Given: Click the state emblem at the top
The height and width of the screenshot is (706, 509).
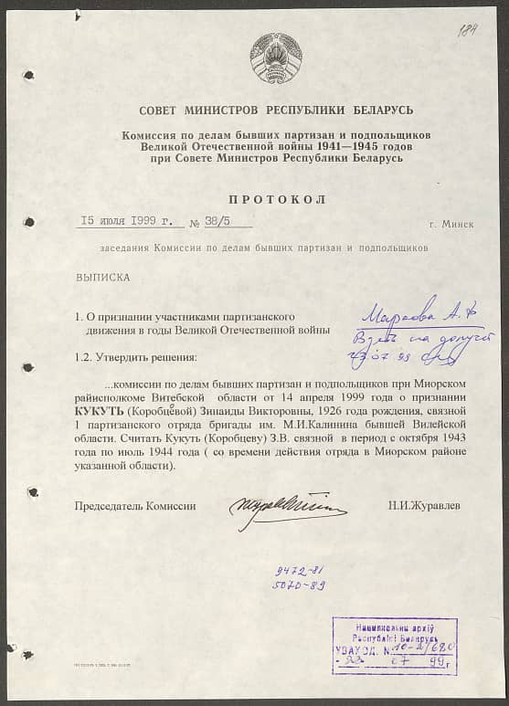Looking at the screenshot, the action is (276, 59).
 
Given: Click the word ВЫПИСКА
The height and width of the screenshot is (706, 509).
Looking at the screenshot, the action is (102, 275).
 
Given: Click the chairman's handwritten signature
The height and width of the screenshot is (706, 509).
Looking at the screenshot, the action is (286, 505).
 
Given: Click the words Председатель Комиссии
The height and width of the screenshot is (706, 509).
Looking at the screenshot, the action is (135, 505).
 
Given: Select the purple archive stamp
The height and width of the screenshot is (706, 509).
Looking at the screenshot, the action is (394, 645).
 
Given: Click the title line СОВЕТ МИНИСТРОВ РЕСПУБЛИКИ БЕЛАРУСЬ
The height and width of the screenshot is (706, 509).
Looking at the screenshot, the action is (276, 110).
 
